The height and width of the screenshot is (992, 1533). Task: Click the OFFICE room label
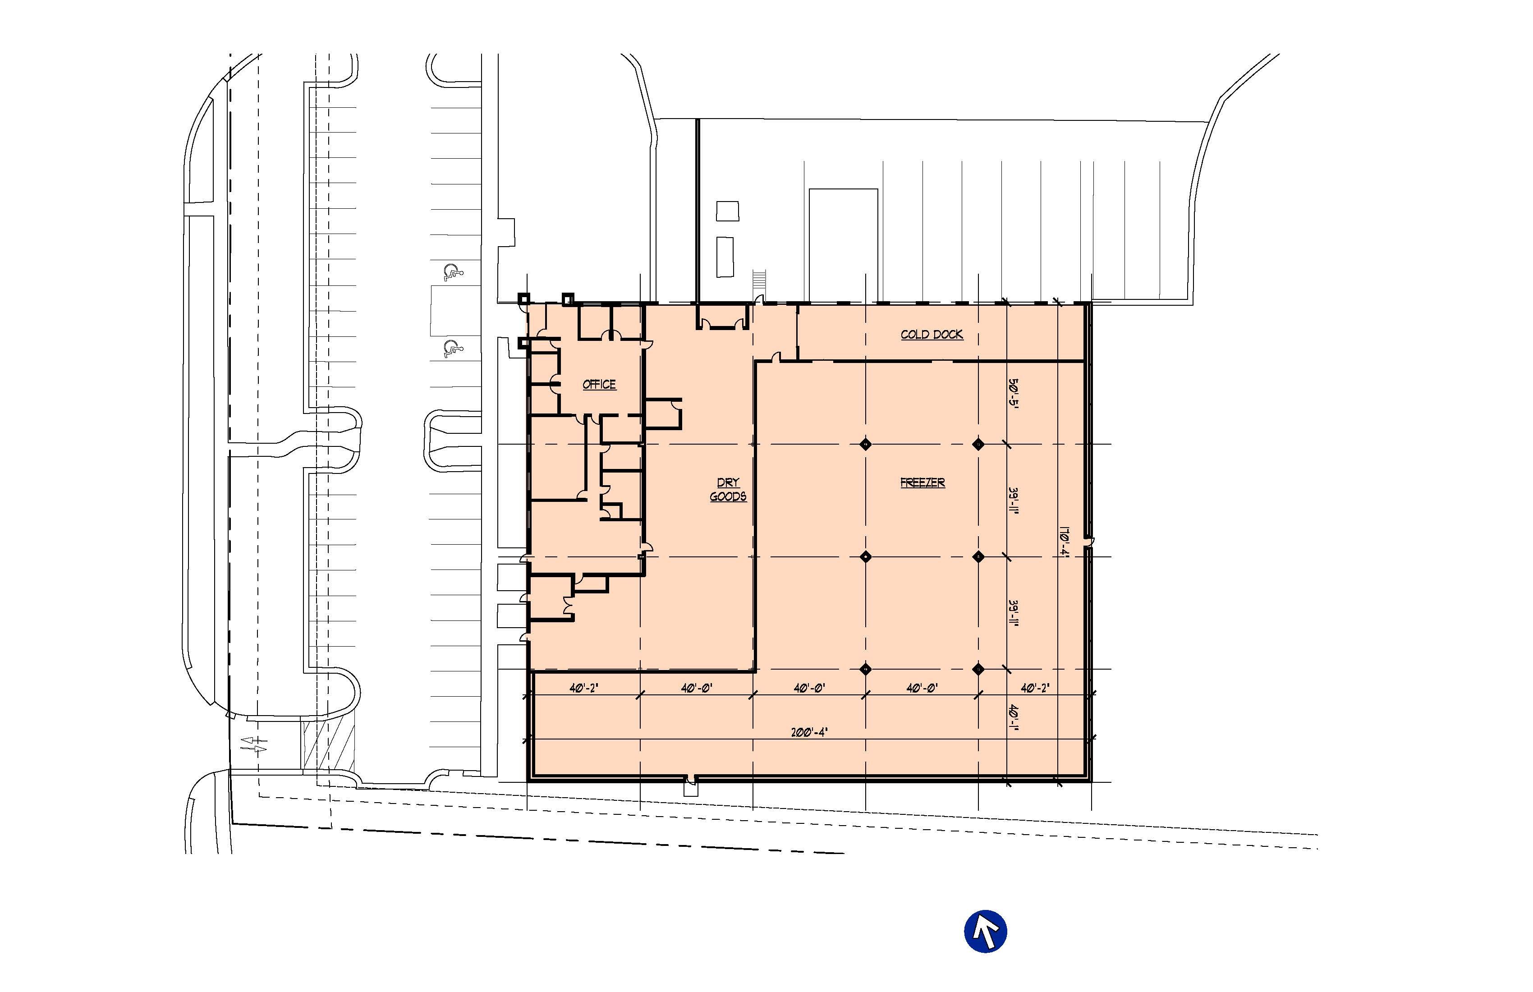click(x=599, y=385)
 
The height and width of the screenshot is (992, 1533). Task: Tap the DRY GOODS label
click(x=728, y=490)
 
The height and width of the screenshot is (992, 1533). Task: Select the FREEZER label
click(x=923, y=482)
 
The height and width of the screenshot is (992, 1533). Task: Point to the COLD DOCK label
click(x=932, y=334)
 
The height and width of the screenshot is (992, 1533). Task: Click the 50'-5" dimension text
click(x=1014, y=394)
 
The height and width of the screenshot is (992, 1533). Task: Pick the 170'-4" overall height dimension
click(x=1064, y=543)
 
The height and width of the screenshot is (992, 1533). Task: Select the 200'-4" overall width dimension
click(x=809, y=732)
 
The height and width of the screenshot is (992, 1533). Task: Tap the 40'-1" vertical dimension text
click(x=1014, y=719)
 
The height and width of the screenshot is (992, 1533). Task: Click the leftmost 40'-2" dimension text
click(x=583, y=688)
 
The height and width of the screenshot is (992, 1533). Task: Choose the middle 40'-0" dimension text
click(x=809, y=688)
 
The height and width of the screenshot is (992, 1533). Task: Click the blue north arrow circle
click(x=986, y=931)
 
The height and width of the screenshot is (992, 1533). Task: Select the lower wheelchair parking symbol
click(x=453, y=349)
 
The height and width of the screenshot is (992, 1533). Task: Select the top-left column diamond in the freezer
click(x=866, y=444)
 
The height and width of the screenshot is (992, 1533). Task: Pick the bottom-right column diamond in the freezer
click(x=978, y=669)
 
